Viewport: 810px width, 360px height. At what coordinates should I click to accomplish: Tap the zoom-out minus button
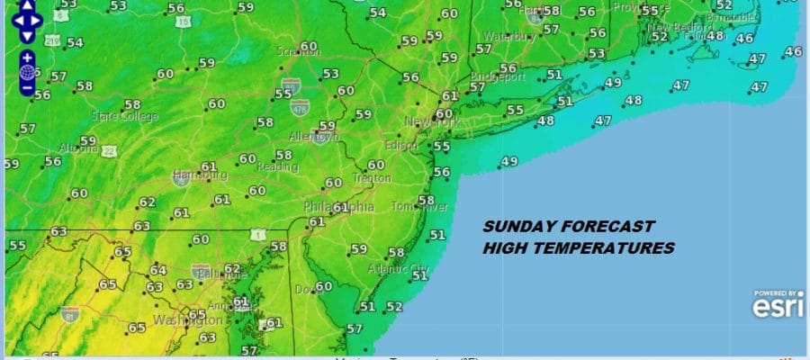click(27, 88)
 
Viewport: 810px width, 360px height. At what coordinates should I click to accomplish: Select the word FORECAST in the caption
click(607, 228)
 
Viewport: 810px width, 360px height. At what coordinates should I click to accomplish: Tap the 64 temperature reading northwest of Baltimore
click(158, 270)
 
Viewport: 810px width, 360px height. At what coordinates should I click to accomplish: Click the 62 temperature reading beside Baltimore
click(232, 268)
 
